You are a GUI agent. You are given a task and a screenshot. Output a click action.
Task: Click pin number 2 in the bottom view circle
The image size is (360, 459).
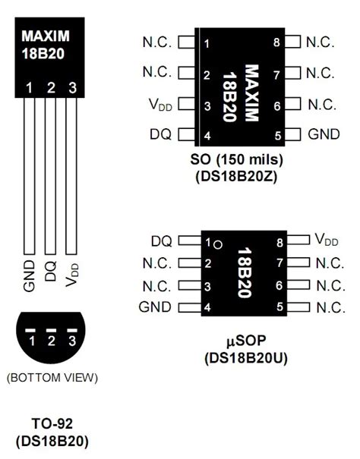51,341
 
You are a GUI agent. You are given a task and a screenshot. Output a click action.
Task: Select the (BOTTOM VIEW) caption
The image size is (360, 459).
51,377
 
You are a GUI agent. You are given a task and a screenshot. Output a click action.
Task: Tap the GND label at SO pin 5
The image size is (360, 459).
324,134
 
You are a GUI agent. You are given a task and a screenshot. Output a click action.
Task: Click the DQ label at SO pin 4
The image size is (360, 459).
161,134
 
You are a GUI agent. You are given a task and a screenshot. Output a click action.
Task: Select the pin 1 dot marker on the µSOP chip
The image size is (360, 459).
217,244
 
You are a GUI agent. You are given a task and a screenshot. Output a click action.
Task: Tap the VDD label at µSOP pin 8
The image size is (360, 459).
327,241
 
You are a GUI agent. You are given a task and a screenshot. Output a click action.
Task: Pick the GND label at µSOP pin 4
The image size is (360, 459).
155,307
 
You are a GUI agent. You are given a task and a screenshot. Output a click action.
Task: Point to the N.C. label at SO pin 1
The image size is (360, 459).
157,42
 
